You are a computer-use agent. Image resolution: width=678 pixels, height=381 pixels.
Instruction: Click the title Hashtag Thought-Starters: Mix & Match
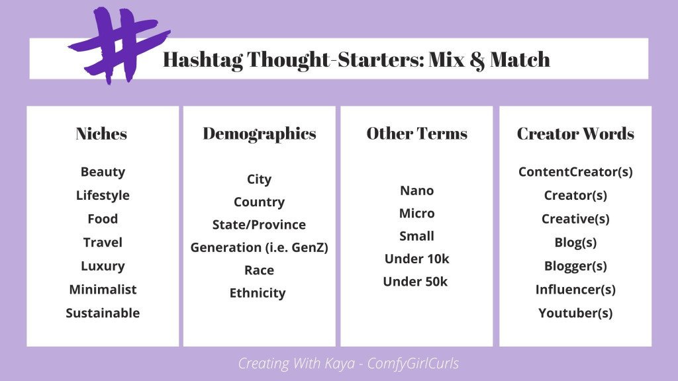[356, 60]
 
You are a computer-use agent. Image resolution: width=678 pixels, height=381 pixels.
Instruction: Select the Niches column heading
[101, 134]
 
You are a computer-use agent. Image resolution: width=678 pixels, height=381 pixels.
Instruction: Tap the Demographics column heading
[260, 134]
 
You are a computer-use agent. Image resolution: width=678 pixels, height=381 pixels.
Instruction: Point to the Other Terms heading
[416, 134]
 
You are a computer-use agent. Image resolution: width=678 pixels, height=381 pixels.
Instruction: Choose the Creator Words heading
[575, 134]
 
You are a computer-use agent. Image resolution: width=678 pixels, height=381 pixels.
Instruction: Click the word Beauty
[103, 172]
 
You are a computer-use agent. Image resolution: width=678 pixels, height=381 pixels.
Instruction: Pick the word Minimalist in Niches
[103, 290]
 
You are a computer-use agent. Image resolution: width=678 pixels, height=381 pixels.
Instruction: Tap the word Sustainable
[103, 314]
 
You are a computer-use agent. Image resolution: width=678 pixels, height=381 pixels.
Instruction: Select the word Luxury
[103, 266]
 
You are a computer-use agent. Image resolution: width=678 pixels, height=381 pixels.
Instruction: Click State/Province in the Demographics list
[259, 225]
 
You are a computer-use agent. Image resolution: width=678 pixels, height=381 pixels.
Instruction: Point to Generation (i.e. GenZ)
[259, 248]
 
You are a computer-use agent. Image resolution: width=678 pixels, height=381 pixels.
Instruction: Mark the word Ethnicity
[258, 293]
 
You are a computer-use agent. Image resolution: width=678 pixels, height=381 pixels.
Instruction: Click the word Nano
[416, 191]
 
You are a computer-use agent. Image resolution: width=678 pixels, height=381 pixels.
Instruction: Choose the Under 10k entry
[416, 259]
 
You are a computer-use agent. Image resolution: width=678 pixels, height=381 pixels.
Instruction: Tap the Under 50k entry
[415, 282]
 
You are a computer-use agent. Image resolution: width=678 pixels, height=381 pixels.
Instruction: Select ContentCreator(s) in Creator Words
[575, 172]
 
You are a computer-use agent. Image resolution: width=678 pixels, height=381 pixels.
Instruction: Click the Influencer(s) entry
[575, 290]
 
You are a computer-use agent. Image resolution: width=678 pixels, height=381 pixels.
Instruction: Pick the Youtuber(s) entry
[575, 314]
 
